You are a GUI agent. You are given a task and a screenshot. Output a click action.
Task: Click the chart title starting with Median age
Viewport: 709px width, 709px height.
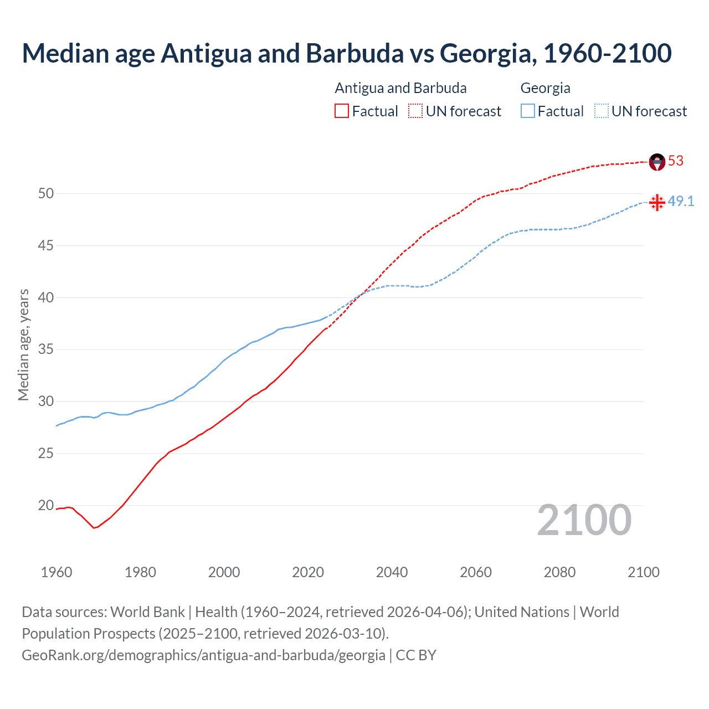click(347, 53)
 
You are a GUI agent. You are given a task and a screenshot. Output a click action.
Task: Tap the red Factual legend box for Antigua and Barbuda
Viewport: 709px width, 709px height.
click(342, 111)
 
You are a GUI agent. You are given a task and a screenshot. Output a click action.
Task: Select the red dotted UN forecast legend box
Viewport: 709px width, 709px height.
click(415, 111)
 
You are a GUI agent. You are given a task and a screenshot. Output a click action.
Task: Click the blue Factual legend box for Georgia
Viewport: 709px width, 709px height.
click(528, 111)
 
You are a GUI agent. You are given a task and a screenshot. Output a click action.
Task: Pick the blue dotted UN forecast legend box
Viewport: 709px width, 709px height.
click(601, 111)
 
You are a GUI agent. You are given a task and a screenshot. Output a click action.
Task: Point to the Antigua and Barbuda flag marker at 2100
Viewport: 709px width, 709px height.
click(657, 162)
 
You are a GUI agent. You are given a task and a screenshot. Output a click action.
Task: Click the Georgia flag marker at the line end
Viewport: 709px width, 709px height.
click(657, 202)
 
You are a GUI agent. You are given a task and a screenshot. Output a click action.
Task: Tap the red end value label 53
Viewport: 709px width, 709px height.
click(676, 161)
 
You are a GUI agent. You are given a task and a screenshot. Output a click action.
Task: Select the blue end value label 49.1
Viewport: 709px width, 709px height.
click(681, 201)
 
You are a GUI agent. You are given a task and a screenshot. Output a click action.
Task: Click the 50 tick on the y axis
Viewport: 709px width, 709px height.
click(46, 193)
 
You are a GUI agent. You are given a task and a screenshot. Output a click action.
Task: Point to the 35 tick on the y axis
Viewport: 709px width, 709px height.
click(46, 350)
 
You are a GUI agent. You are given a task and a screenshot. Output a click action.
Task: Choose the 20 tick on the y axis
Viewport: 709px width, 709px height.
click(46, 505)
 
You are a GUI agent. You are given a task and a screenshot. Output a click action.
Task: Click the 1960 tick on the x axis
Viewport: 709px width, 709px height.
click(56, 572)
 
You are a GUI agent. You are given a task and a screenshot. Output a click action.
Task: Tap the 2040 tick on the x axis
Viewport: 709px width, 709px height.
click(392, 572)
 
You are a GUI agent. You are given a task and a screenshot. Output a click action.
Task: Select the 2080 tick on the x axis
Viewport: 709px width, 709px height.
click(559, 572)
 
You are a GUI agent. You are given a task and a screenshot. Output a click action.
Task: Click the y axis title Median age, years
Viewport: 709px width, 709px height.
click(23, 345)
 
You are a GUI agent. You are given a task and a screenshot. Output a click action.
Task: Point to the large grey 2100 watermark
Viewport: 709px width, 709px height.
click(584, 520)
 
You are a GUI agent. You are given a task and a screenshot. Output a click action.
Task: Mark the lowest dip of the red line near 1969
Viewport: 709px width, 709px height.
click(94, 528)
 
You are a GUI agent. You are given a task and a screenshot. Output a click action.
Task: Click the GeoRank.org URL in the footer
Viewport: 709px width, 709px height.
click(203, 655)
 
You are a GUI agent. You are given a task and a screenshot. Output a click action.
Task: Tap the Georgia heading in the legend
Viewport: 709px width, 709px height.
click(545, 88)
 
